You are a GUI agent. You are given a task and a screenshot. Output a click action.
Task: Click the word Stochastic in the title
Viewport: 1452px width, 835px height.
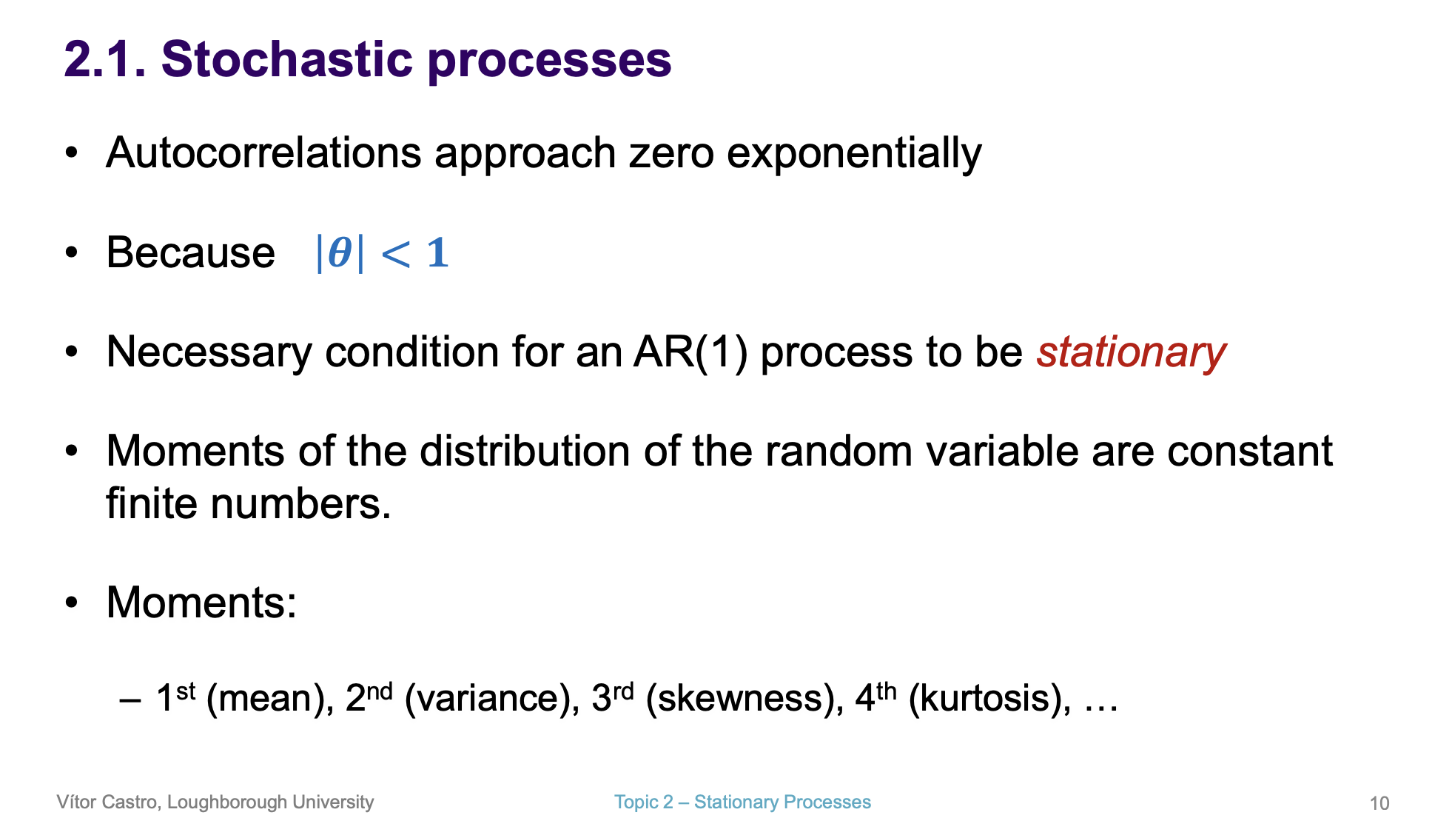(286, 59)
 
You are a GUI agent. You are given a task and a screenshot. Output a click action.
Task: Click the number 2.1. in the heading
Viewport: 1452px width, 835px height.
(104, 59)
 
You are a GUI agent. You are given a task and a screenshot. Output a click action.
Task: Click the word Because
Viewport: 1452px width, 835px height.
(190, 252)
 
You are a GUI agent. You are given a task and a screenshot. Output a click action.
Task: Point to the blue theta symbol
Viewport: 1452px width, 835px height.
(340, 252)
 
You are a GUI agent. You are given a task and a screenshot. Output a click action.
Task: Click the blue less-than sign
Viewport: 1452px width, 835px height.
(395, 254)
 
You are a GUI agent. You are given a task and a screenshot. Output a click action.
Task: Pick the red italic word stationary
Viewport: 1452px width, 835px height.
(1130, 352)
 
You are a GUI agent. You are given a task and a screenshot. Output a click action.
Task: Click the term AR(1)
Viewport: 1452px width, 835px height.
(690, 352)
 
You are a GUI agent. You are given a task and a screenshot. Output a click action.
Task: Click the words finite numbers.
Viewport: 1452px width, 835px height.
(248, 504)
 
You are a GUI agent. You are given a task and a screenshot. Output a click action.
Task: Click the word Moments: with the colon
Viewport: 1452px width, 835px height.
(201, 603)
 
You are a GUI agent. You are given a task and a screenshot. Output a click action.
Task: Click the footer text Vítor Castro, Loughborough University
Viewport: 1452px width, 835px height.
(215, 802)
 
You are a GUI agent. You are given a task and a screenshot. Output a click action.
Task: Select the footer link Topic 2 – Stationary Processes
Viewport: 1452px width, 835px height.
(742, 802)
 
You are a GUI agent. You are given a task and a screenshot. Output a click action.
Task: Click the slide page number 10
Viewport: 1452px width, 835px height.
(1379, 803)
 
